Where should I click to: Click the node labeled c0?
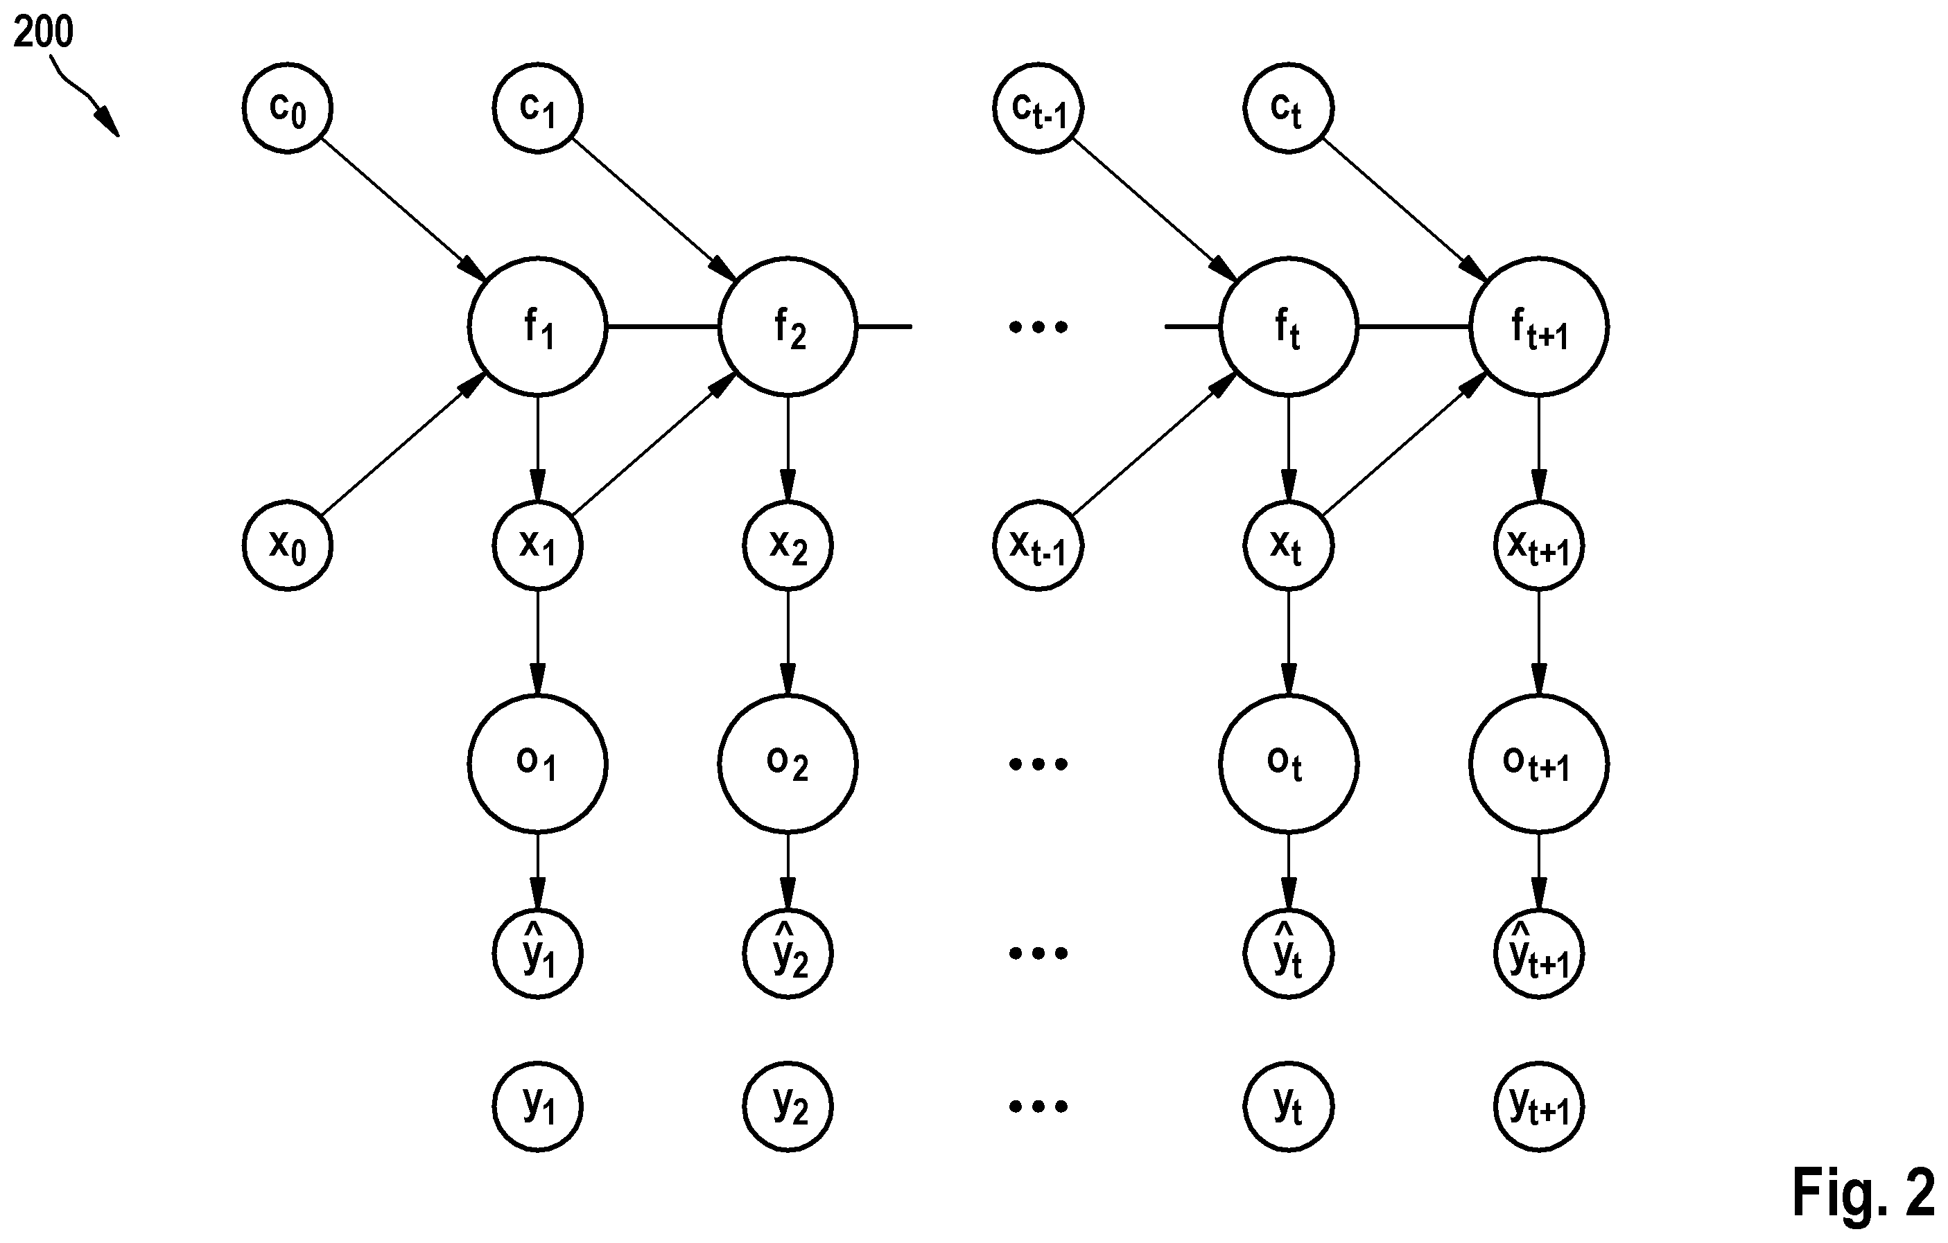coord(287,107)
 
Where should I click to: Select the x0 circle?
coord(287,546)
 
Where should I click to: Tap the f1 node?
coord(538,327)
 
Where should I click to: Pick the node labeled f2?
coord(788,327)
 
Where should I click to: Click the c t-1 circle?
coord(1038,107)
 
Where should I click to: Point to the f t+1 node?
coord(1539,327)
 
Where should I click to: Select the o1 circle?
coord(538,764)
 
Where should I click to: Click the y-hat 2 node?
coord(788,954)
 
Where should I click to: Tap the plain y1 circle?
coord(538,1107)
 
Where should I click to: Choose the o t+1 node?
coord(1539,764)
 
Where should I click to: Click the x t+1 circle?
coord(1539,546)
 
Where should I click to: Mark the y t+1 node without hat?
coord(1539,1107)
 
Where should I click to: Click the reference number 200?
coord(43,33)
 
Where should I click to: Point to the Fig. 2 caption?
coord(1863,1191)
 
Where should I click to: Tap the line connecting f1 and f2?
coord(663,327)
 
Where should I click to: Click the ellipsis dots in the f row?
coord(1038,327)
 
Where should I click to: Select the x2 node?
coord(788,546)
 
